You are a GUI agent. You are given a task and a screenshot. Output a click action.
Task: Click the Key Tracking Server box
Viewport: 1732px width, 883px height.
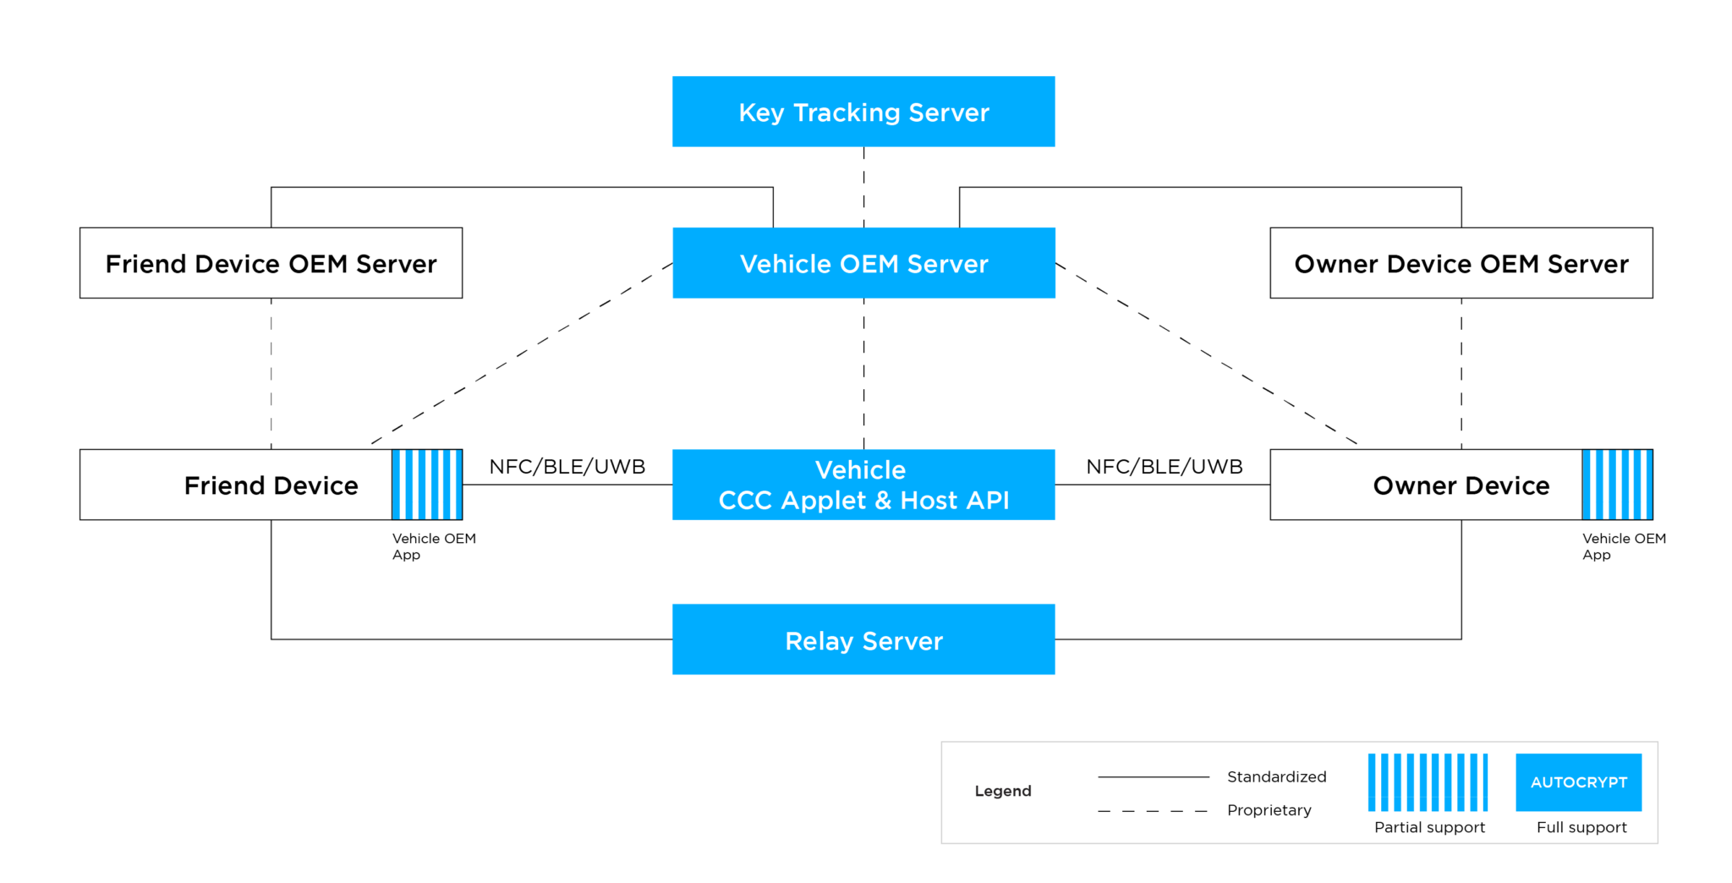click(x=863, y=111)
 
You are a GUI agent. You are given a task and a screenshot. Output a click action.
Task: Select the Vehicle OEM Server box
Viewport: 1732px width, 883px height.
click(x=863, y=262)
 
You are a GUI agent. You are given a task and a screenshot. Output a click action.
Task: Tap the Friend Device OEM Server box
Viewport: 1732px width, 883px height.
click(x=271, y=262)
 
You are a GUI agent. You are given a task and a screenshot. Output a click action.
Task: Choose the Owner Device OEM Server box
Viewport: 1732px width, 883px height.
click(x=1461, y=262)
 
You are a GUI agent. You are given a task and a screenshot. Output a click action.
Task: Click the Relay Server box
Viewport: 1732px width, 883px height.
click(x=863, y=639)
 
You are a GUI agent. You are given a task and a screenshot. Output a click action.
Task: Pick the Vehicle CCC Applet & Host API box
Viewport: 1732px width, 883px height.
click(x=863, y=485)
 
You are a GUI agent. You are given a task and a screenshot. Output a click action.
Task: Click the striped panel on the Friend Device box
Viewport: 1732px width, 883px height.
click(x=426, y=485)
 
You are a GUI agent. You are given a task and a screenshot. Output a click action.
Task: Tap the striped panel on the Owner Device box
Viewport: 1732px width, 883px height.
click(x=1616, y=485)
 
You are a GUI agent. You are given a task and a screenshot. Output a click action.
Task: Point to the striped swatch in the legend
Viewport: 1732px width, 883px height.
click(x=1428, y=782)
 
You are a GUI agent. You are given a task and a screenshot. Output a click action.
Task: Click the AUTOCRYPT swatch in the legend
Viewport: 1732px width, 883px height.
click(x=1578, y=782)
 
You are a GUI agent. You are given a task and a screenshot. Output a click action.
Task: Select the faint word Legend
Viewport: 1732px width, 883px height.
click(x=1003, y=791)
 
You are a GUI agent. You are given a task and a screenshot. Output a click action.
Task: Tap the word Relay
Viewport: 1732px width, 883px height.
click(x=819, y=641)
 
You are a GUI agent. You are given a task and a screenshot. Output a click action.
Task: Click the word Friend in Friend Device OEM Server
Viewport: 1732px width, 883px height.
click(x=145, y=264)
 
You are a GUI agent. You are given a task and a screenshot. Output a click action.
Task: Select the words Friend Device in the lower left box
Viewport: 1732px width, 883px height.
click(x=271, y=485)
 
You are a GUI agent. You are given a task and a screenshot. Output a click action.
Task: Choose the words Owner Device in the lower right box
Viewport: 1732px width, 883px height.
click(x=1461, y=485)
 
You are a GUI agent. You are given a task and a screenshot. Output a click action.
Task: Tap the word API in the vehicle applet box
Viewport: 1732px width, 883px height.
click(x=988, y=501)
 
